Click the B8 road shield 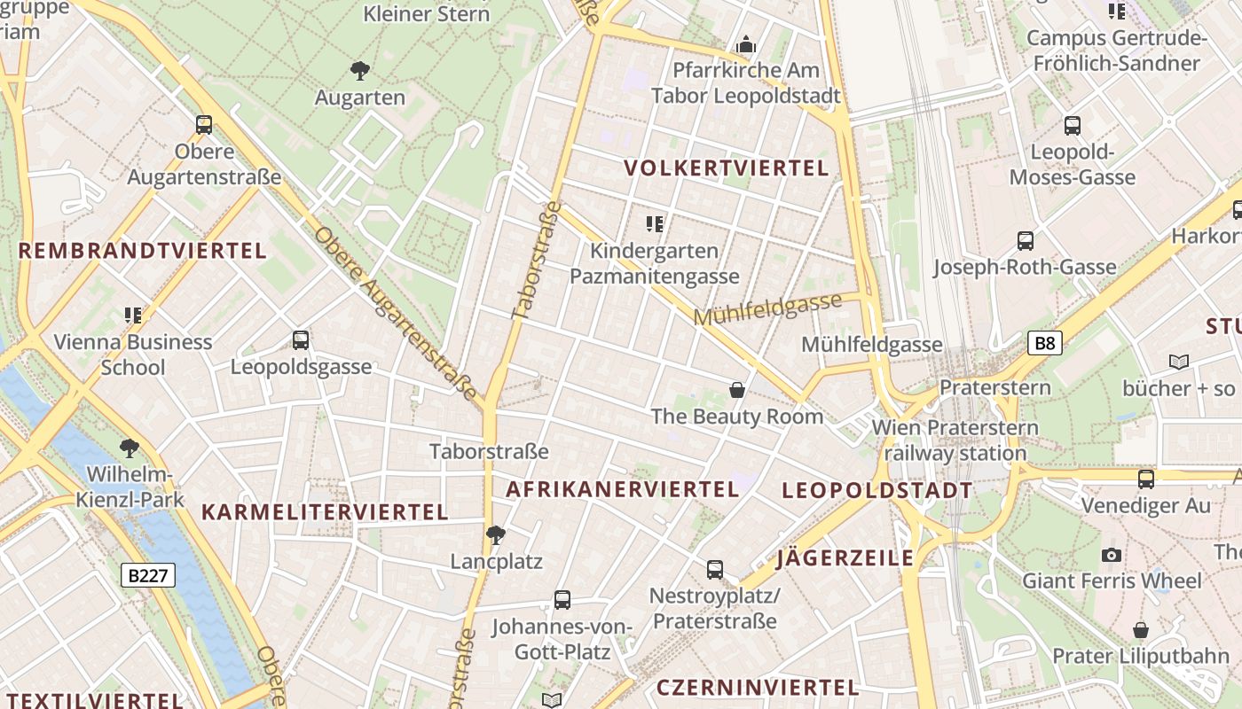point(1045,343)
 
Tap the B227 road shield point(148,575)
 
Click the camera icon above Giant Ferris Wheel point(1111,555)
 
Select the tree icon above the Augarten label point(359,71)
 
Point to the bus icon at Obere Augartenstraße point(204,125)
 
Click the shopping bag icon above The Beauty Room point(736,390)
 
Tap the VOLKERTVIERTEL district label point(726,168)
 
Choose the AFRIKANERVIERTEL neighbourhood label point(622,489)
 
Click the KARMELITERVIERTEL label point(325,512)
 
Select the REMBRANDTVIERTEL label point(142,251)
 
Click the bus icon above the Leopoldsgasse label point(301,339)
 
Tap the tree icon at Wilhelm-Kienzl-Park point(130,448)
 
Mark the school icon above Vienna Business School point(133,315)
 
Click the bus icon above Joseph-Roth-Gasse point(1025,241)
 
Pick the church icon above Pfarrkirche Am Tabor point(746,44)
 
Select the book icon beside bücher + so point(1178,362)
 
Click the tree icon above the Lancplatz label point(496,534)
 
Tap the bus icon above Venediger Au point(1145,479)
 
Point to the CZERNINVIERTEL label point(757,688)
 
